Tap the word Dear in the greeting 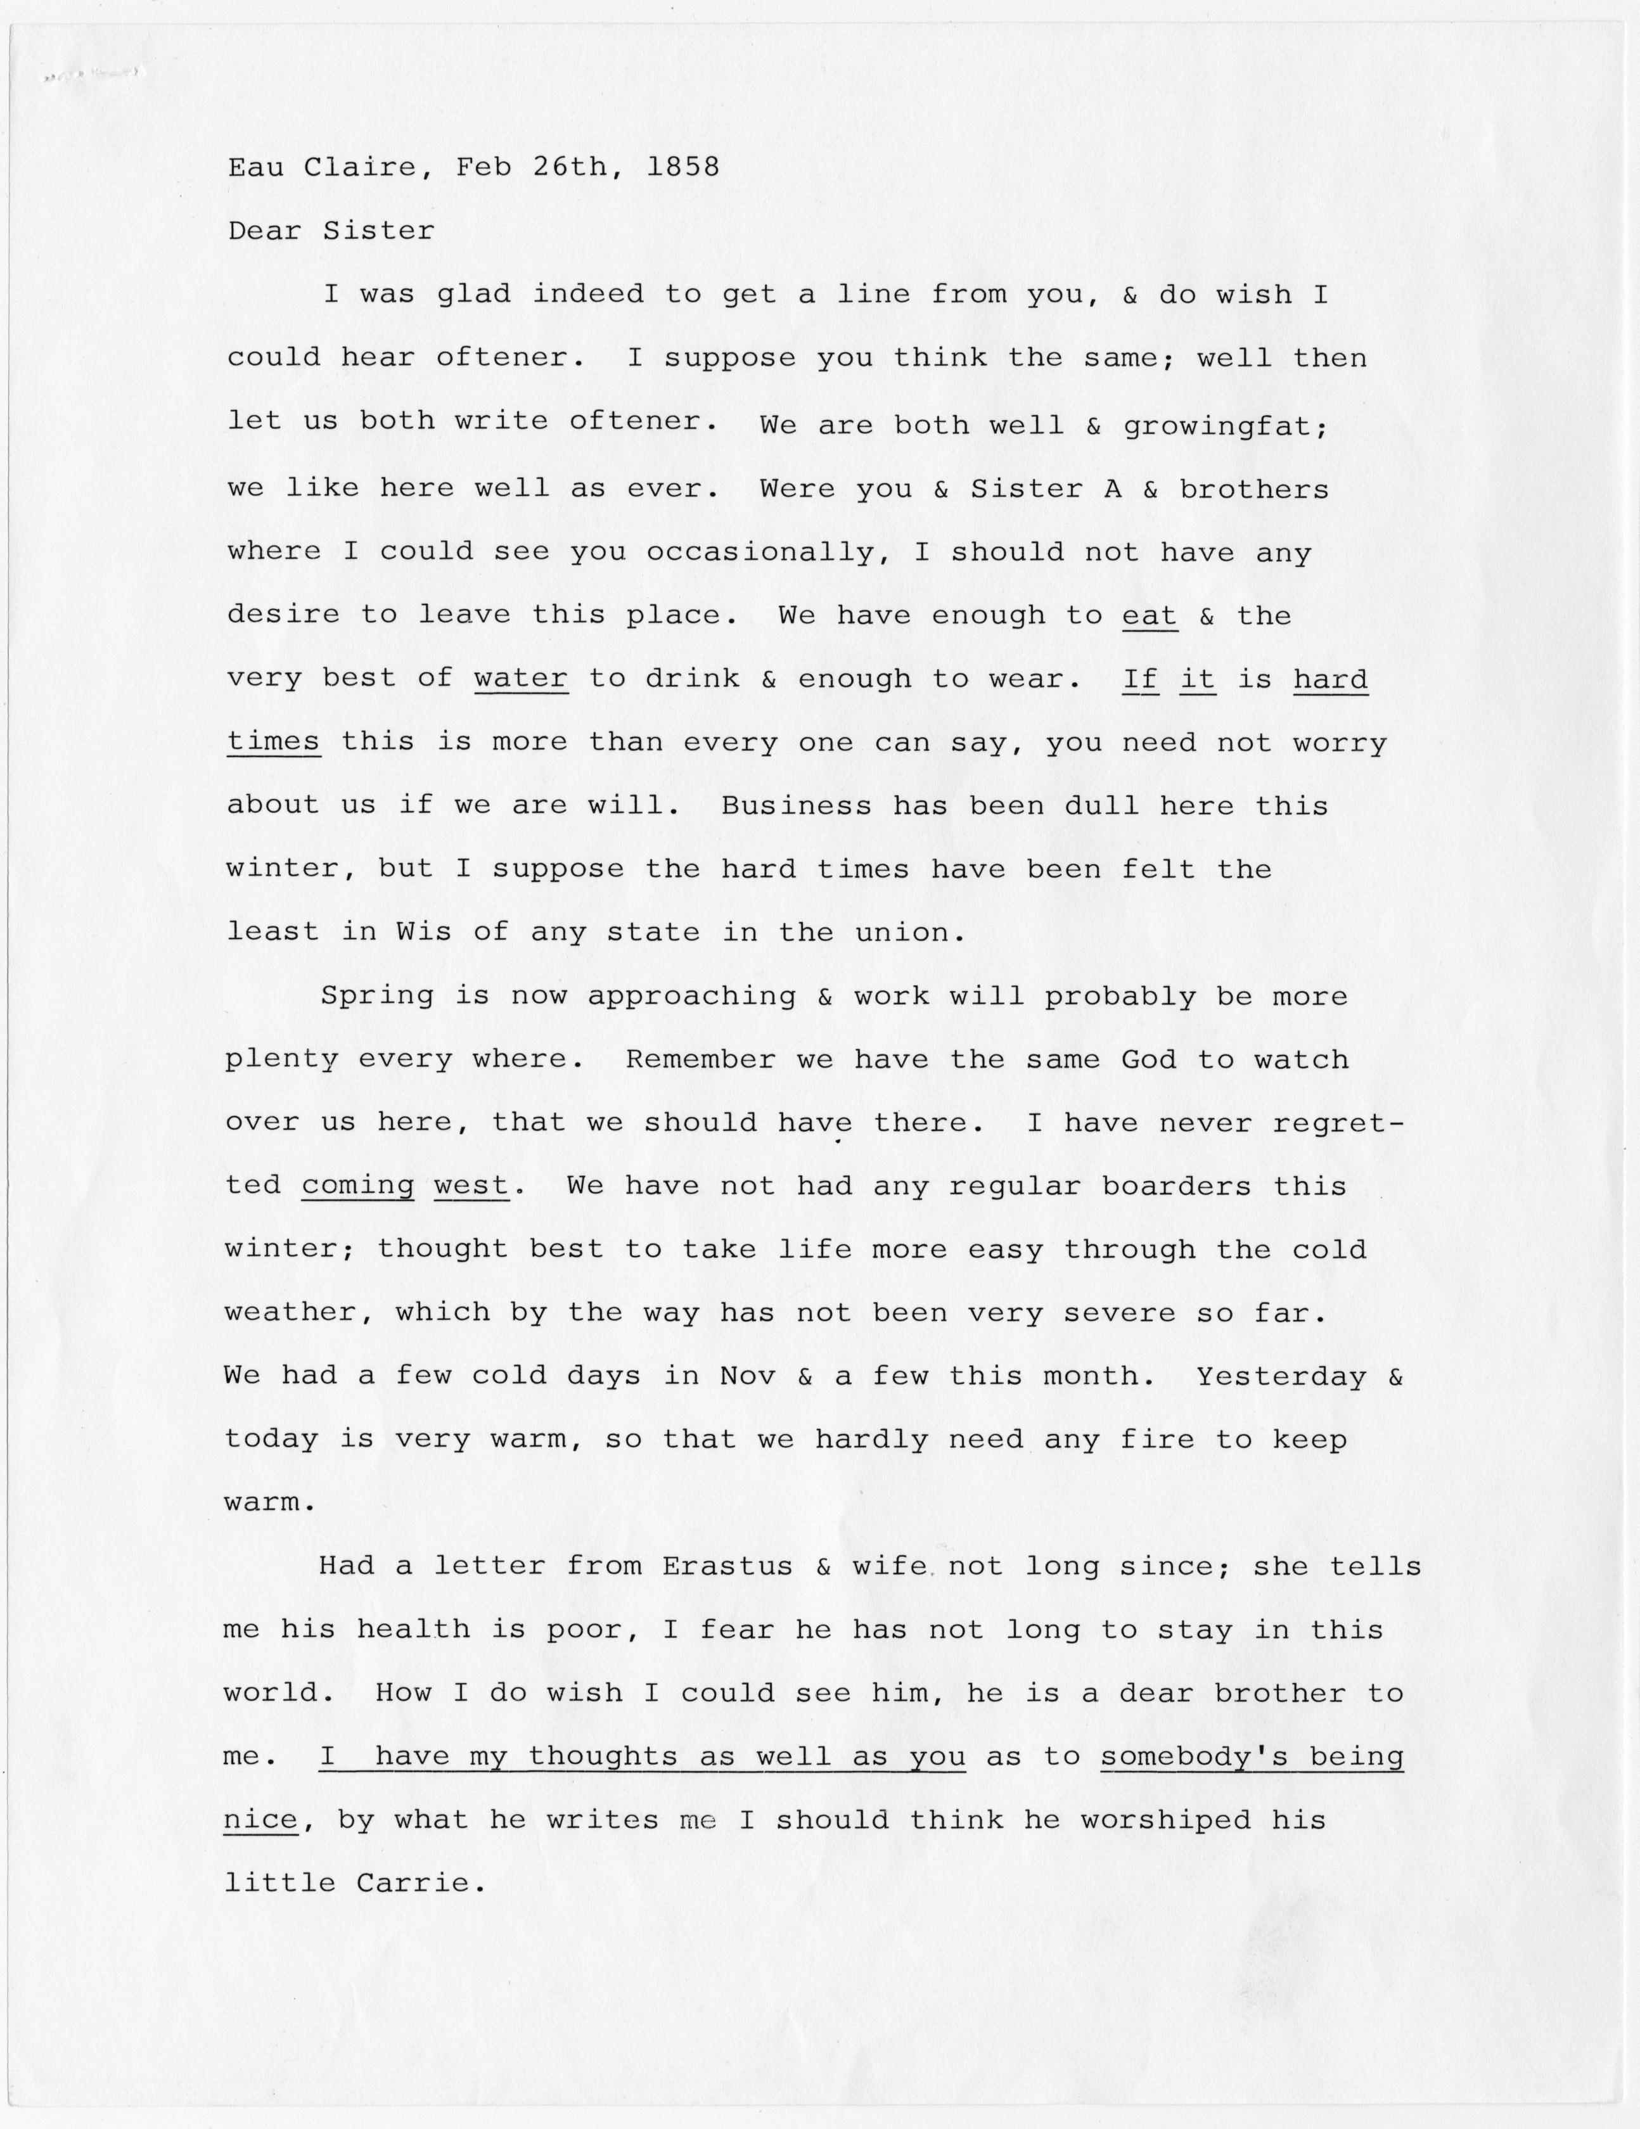[266, 231]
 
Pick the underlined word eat [1151, 616]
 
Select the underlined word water [521, 679]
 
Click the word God [1149, 1059]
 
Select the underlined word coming [358, 1186]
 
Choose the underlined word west [472, 1186]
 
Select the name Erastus [727, 1566]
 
